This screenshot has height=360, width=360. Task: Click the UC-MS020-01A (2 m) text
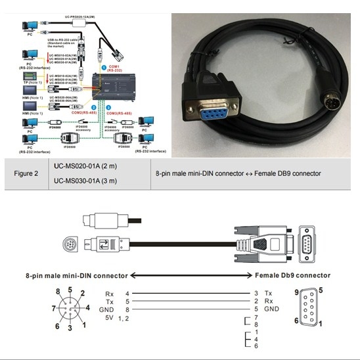pos(81,166)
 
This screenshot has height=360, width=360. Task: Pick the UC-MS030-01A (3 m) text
pos(81,181)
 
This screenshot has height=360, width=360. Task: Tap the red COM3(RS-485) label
pos(118,113)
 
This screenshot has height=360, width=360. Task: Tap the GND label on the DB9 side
pos(274,308)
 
